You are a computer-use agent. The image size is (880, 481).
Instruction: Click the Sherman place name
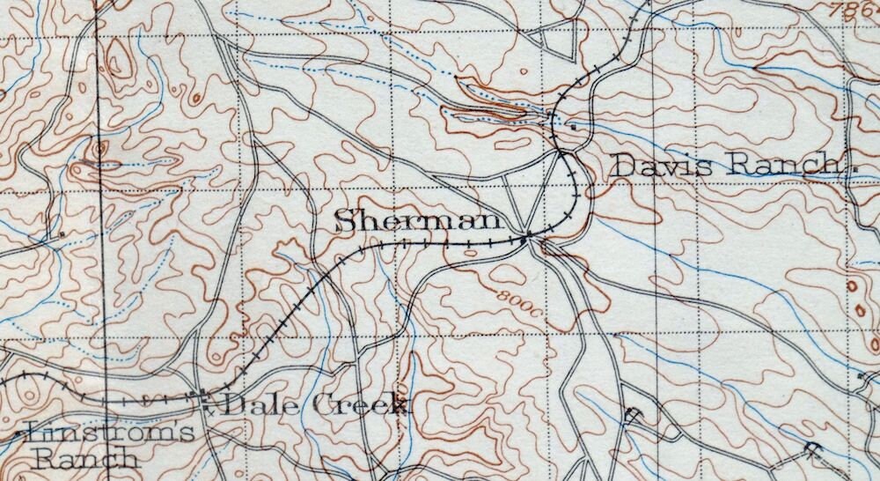418,222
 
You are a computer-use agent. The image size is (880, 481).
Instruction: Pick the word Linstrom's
111,433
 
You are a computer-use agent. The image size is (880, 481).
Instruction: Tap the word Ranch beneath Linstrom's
84,458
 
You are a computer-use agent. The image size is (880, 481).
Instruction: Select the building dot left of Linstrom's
18,435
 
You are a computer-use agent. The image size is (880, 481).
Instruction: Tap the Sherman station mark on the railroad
525,237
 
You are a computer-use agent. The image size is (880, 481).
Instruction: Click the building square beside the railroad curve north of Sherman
573,127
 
